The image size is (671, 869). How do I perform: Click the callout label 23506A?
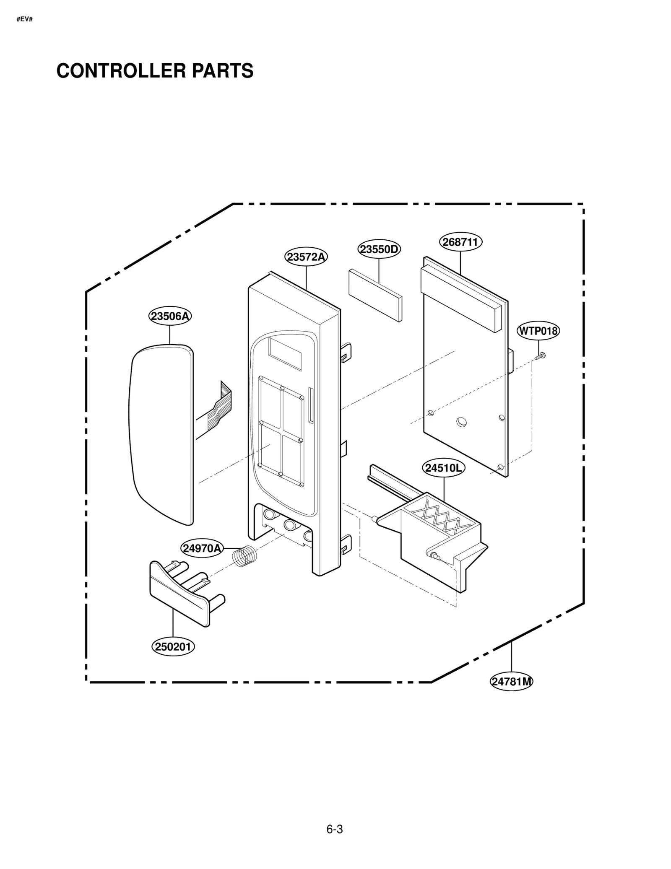click(x=170, y=316)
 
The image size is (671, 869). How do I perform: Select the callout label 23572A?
click(x=306, y=257)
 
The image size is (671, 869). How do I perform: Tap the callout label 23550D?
click(x=379, y=249)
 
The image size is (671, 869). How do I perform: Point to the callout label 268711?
click(x=460, y=242)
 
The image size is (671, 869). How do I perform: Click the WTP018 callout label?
click(x=538, y=331)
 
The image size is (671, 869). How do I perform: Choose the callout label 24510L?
click(x=443, y=468)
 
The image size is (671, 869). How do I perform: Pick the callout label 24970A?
click(x=202, y=548)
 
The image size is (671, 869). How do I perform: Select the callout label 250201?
click(x=173, y=647)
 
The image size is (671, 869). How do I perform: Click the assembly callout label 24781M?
click(x=511, y=682)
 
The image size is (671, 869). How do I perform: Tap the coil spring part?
click(x=244, y=556)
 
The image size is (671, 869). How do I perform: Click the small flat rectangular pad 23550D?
click(x=375, y=295)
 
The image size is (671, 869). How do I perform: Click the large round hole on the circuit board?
click(x=461, y=421)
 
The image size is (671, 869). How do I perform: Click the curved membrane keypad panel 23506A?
click(x=161, y=432)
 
